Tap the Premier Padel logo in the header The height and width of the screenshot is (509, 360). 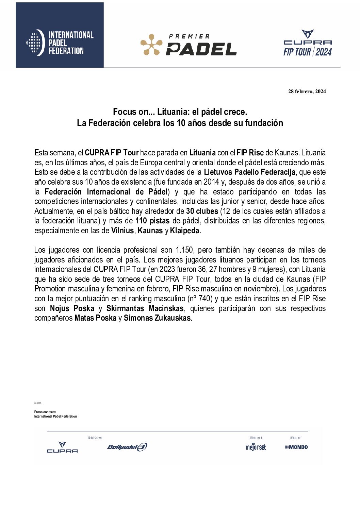(x=189, y=45)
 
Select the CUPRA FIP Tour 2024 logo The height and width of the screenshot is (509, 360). (x=308, y=43)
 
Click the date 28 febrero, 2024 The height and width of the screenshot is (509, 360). (x=307, y=91)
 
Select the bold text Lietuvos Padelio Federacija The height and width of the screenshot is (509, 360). (x=249, y=172)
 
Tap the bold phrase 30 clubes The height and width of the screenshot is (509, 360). (x=202, y=211)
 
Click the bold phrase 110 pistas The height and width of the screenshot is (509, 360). (x=152, y=221)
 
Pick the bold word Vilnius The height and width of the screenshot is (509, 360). (x=122, y=231)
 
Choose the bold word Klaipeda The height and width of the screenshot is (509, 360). (x=184, y=231)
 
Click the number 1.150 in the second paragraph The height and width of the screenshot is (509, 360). (x=184, y=250)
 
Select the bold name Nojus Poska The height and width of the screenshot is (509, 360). (x=72, y=308)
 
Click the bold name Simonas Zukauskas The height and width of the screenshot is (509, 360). (x=157, y=318)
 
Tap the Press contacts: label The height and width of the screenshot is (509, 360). (x=45, y=412)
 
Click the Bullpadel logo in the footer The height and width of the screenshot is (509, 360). (x=127, y=447)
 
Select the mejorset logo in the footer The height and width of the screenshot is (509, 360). (x=256, y=447)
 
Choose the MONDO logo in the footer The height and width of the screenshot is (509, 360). (x=296, y=447)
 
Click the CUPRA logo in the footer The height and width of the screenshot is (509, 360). (x=62, y=447)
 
